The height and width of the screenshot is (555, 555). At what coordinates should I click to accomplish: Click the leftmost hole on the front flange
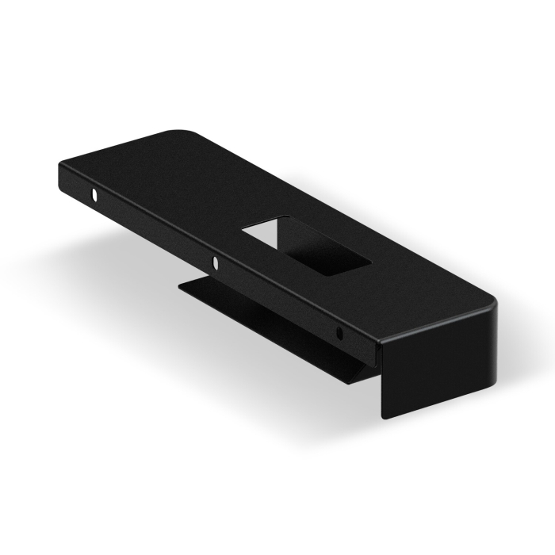point(94,193)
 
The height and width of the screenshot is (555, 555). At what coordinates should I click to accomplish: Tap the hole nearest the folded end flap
point(339,331)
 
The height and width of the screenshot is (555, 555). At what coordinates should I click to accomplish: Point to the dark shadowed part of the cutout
point(321,252)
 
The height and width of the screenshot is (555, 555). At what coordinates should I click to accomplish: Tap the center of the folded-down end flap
point(441,361)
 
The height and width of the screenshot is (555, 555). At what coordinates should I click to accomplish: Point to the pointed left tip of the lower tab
point(179,285)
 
